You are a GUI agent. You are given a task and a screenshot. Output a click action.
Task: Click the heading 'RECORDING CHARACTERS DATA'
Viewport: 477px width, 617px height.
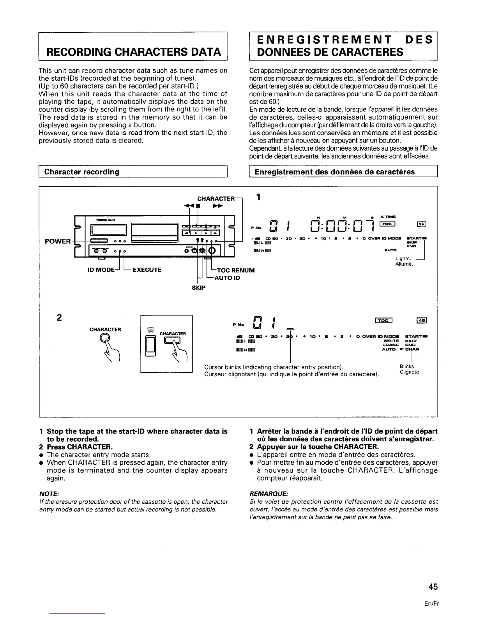tap(134, 52)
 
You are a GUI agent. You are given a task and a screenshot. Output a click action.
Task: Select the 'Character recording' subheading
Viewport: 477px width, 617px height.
tap(81, 172)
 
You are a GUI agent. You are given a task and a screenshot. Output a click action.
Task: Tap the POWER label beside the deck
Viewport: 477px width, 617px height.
tap(57, 241)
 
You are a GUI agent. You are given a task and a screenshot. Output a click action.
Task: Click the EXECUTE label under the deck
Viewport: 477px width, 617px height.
tap(147, 270)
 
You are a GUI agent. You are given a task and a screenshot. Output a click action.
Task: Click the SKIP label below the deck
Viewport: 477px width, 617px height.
tap(198, 287)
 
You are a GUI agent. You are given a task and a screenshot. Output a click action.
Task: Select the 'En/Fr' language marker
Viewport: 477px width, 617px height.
tap(432, 604)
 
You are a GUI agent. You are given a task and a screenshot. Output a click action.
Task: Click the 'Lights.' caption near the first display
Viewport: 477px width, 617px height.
tap(403, 258)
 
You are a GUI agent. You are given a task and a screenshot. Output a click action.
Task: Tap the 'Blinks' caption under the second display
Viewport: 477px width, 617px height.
tap(407, 366)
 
